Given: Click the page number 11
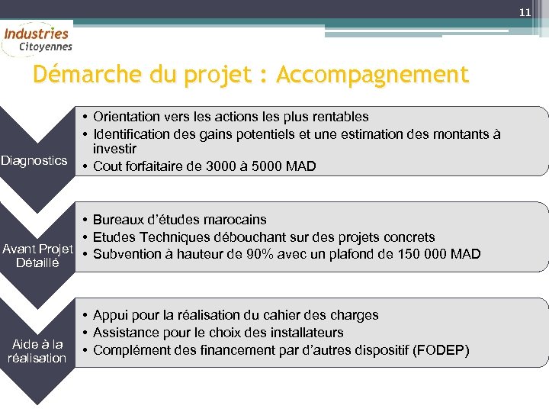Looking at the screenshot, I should tap(525, 13).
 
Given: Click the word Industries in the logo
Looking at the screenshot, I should tap(36, 34).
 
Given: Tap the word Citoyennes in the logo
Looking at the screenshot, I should tap(46, 47).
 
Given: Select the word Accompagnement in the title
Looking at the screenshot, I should tap(373, 75).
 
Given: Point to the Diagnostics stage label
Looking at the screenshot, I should tap(34, 161).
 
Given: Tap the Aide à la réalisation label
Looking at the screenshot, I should tap(37, 351).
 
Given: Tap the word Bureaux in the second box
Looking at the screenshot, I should tap(118, 220).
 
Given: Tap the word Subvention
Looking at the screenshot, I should tap(126, 254).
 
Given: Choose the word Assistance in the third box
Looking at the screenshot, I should tap(126, 333).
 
